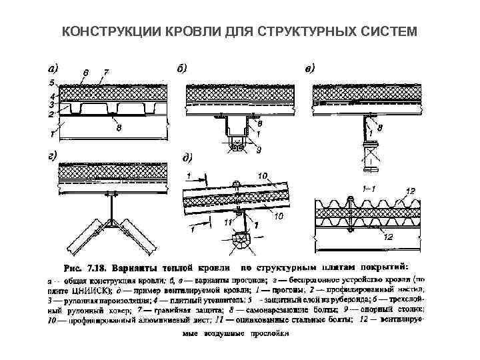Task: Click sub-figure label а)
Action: click(52, 67)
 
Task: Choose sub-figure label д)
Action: click(188, 158)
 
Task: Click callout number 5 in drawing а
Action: click(49, 84)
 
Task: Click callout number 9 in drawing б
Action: click(259, 149)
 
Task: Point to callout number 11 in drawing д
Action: click(229, 221)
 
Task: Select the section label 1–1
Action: click(367, 189)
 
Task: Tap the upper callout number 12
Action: click(410, 191)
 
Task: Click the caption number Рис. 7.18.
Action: click(87, 268)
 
